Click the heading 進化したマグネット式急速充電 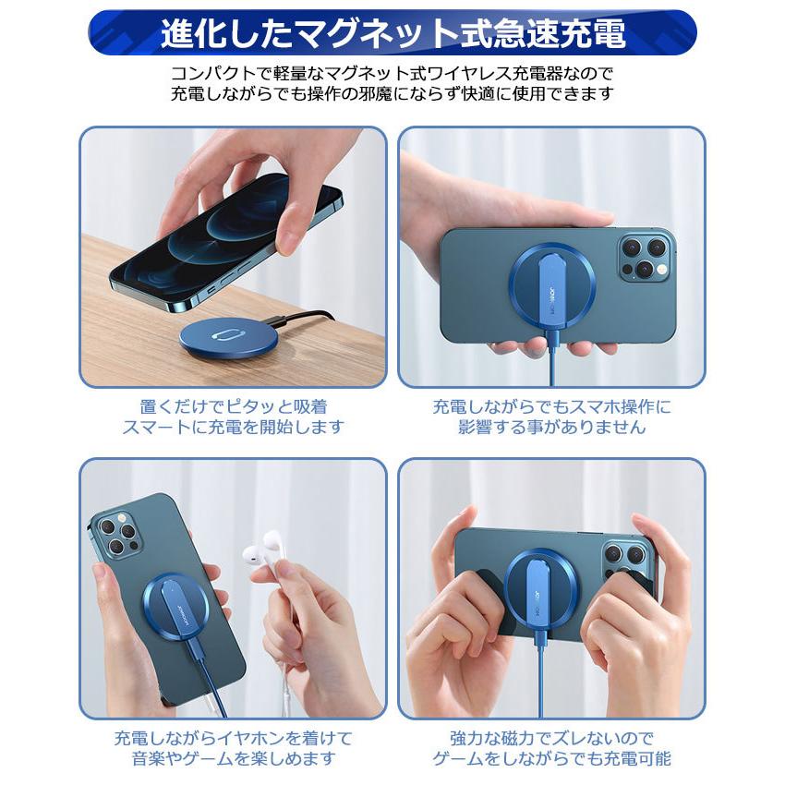(392, 34)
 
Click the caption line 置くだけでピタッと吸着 (233, 406)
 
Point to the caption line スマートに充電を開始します (233, 428)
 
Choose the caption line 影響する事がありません (551, 428)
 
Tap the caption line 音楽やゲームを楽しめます (233, 759)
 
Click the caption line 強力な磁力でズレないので (551, 738)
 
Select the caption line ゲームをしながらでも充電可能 (551, 759)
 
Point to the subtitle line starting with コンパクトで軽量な (392, 73)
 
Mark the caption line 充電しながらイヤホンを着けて (233, 738)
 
